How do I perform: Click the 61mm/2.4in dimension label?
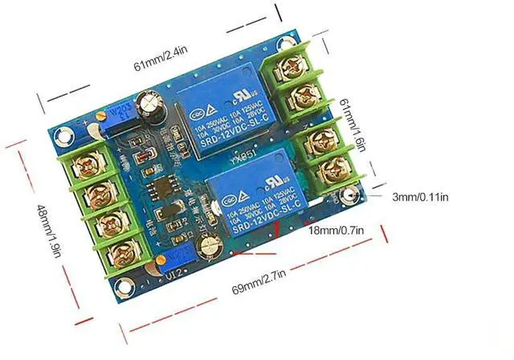tap(160, 59)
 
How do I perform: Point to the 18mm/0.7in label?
tap(337, 231)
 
